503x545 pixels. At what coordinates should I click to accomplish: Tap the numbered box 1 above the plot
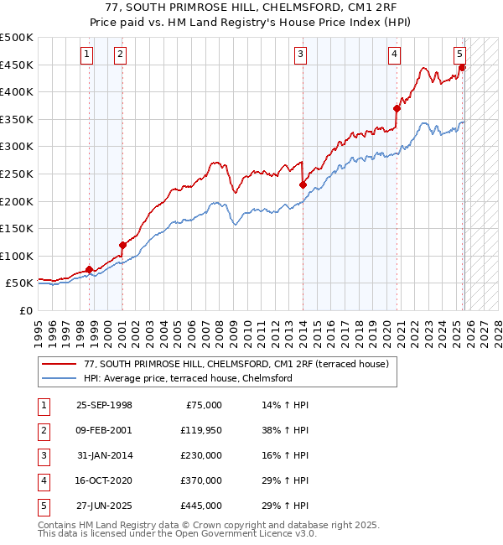88,55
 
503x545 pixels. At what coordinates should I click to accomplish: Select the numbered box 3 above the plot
300,55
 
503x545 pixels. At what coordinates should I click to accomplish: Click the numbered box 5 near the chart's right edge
460,55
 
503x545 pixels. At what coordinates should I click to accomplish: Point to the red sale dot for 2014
302,184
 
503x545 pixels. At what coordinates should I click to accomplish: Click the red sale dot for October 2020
397,108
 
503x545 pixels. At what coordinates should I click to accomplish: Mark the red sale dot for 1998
90,269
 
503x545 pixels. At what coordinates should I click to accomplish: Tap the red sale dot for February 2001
122,245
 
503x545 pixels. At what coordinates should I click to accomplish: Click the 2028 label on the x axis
494,331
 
